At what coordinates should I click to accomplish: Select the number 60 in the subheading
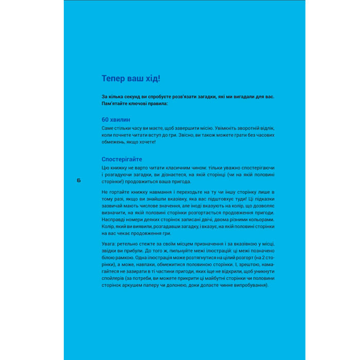[106, 119]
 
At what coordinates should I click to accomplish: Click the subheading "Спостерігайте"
[122, 159]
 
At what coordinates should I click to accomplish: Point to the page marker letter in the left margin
[78, 180]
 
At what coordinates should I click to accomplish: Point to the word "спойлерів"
[115, 279]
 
